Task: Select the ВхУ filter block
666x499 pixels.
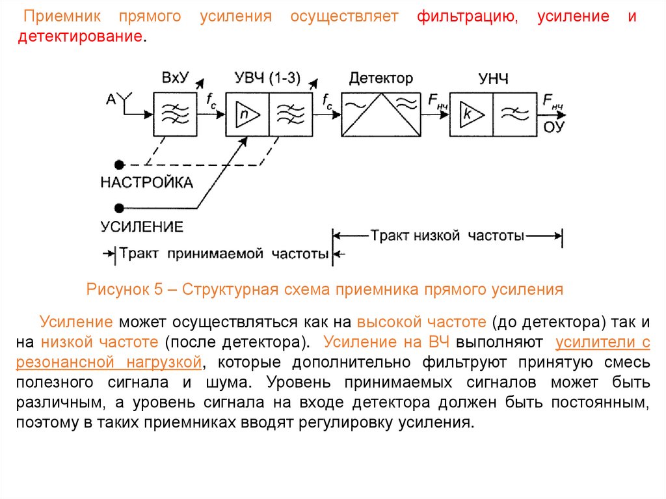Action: pos(174,113)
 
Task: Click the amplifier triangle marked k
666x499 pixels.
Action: pos(470,114)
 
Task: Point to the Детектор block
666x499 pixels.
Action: pos(380,114)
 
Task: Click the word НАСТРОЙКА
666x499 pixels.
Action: pos(146,183)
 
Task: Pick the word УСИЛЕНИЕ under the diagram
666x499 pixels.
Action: pos(141,227)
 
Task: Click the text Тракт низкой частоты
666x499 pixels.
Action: pos(447,236)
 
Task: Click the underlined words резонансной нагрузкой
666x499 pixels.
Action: pos(107,361)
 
